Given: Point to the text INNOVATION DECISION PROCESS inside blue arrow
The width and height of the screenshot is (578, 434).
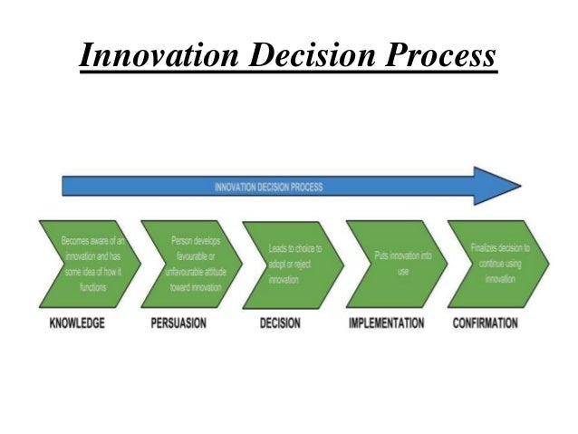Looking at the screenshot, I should click(268, 188).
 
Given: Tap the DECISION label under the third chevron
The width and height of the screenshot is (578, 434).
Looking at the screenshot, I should click(280, 323).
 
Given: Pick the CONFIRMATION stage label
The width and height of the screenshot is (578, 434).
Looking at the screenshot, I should click(486, 323).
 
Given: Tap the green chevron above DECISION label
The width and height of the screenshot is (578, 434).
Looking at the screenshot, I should click(292, 264).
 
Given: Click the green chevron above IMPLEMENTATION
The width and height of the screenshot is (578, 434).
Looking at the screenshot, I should click(395, 264).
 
